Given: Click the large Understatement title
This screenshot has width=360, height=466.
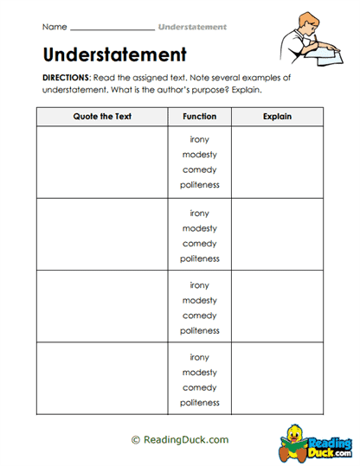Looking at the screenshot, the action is tap(114, 55).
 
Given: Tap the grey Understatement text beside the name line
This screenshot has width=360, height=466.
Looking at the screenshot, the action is tap(192, 27).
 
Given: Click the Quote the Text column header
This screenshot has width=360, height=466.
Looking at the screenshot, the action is tap(102, 117).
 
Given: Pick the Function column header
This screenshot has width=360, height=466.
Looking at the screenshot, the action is tap(200, 117).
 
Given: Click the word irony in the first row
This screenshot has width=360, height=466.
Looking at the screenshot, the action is tap(200, 140).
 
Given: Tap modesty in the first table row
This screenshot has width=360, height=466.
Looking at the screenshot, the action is tap(200, 155).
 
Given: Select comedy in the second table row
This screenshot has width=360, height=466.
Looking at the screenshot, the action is tap(200, 244).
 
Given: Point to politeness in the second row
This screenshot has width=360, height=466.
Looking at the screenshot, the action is tap(200, 259).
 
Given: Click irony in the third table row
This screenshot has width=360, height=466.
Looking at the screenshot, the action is tap(200, 285).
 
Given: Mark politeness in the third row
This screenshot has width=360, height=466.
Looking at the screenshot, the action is tap(200, 331).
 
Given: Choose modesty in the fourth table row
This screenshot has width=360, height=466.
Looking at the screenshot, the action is tap(200, 373).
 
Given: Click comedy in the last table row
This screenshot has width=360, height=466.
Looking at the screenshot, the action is tap(200, 388).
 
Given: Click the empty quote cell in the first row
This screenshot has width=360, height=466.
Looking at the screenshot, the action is tap(102, 163).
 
